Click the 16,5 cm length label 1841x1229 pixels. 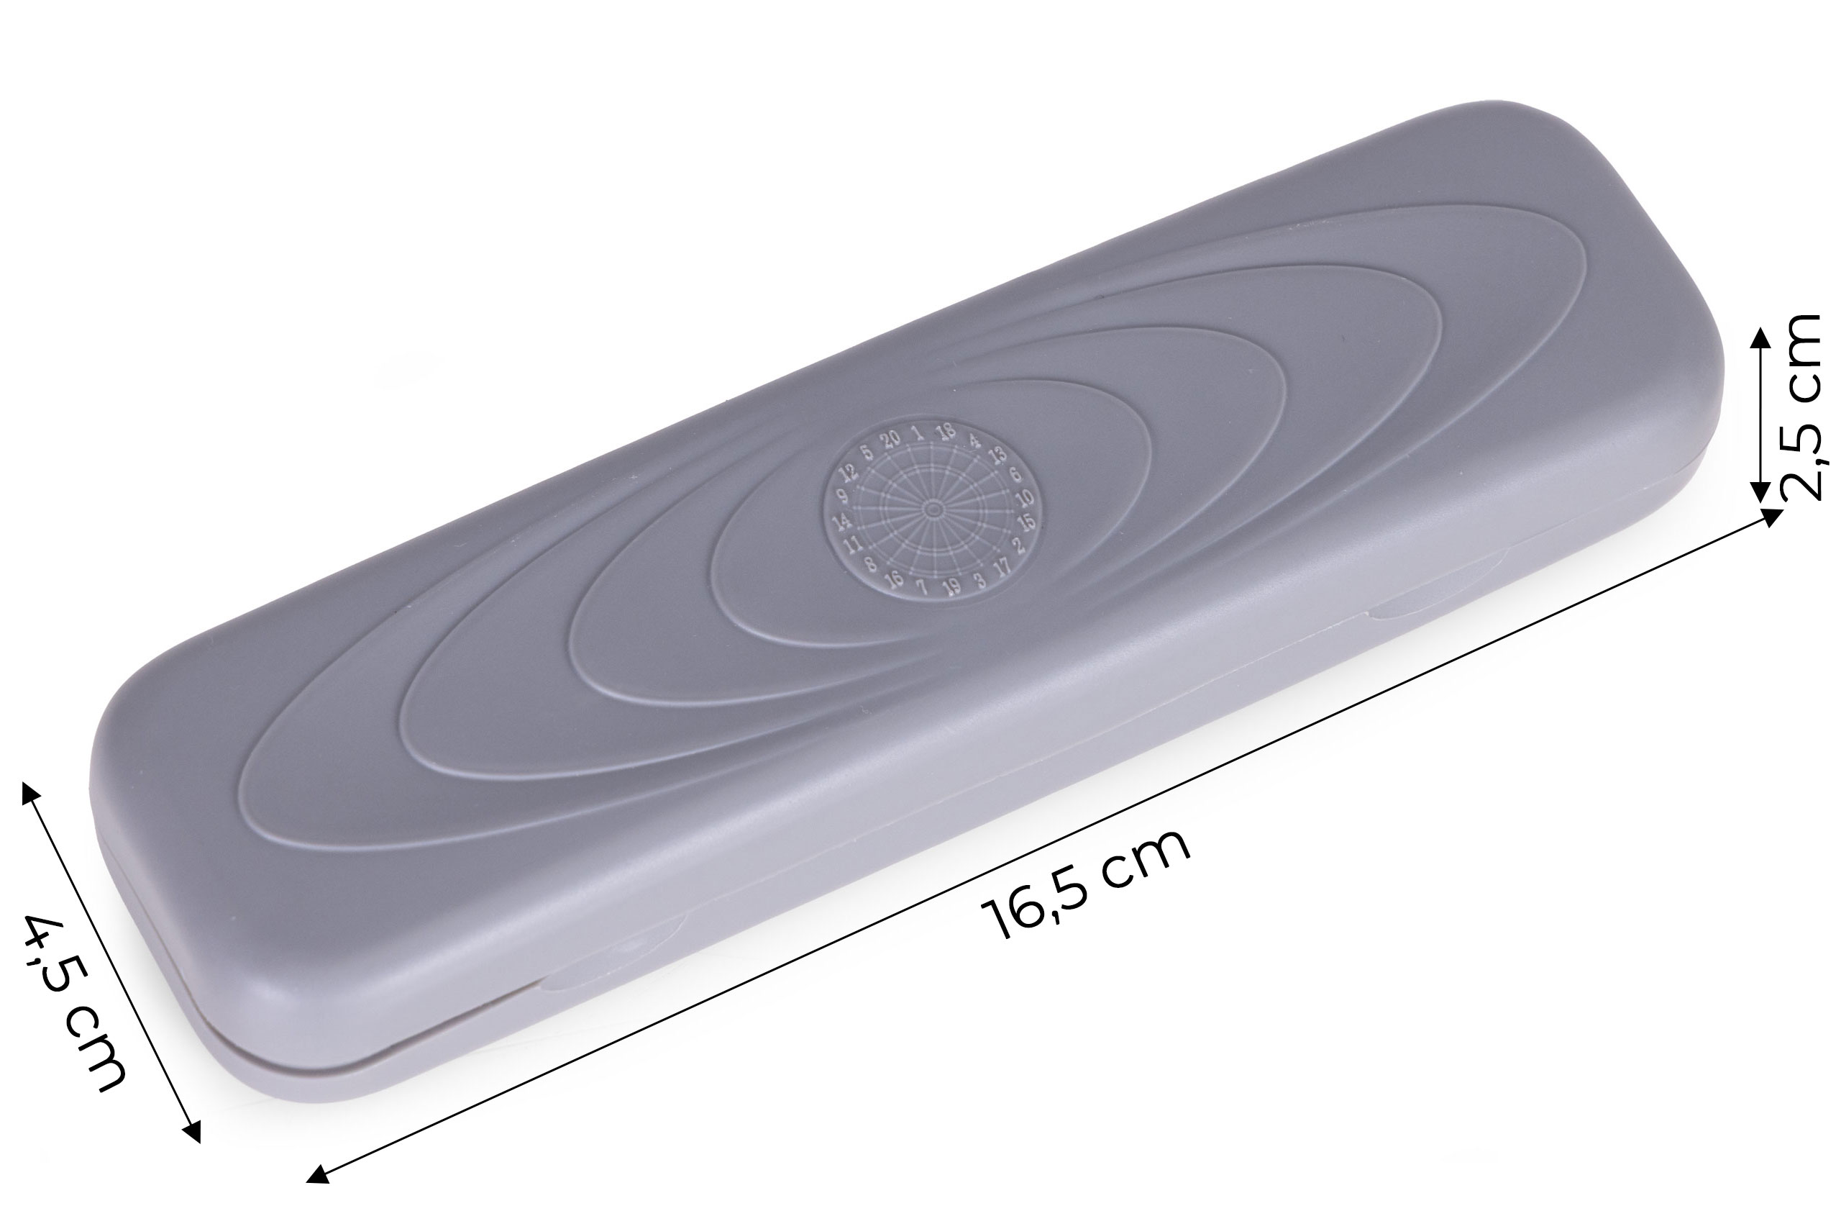[1086, 884]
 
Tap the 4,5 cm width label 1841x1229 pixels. [74, 1001]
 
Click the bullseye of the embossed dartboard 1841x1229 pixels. [932, 510]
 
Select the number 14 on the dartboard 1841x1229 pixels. [841, 520]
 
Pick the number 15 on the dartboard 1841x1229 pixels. [1027, 521]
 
